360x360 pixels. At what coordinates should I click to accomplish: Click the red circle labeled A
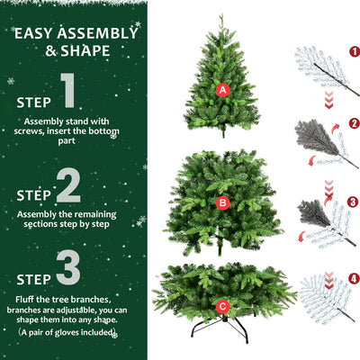[x=222, y=89]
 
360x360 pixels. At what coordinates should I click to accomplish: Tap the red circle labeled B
[x=222, y=202]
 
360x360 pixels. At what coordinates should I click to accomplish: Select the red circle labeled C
[x=222, y=306]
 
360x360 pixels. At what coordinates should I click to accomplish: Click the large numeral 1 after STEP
[x=68, y=92]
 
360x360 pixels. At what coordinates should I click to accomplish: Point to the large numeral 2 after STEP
[x=68, y=186]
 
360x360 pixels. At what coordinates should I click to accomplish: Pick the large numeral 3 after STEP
[x=68, y=268]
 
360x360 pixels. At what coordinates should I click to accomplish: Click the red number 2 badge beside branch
[x=354, y=122]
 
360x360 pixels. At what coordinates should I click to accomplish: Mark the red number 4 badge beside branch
[x=354, y=278]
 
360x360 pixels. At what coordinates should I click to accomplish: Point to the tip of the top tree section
[x=221, y=16]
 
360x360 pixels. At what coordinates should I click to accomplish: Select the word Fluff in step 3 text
[x=24, y=299]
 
